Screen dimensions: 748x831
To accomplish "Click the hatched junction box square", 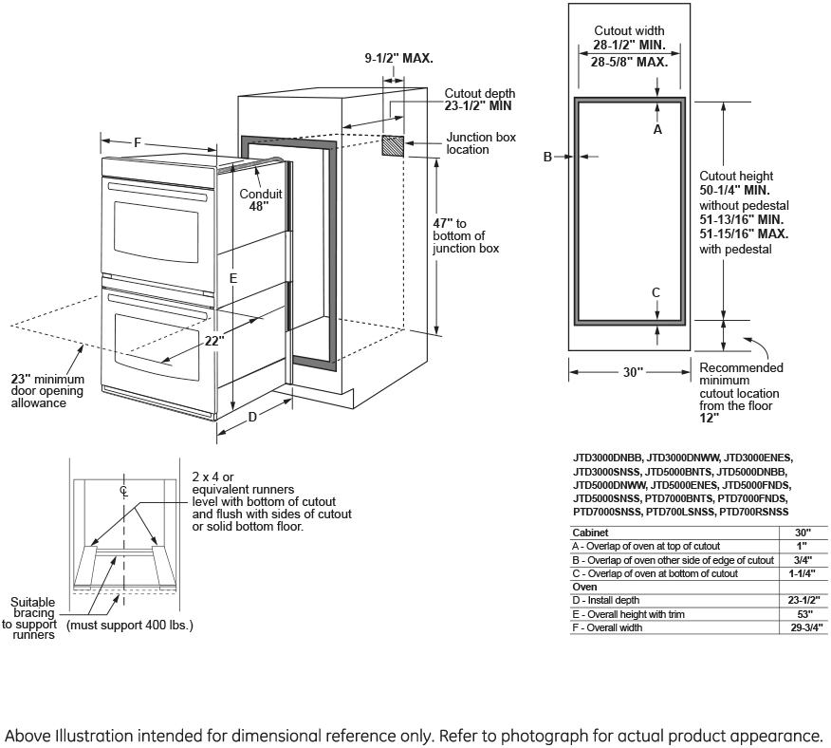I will tap(393, 145).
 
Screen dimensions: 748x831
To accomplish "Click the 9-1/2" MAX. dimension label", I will tap(399, 58).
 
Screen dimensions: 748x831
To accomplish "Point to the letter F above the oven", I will tap(138, 142).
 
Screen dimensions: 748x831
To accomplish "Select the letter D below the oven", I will tap(252, 417).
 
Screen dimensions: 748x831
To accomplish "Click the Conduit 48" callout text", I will tap(260, 199).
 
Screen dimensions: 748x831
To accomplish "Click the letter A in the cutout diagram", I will tap(657, 129).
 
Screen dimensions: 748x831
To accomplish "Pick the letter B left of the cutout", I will tap(547, 157).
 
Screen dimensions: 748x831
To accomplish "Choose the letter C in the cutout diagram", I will tap(656, 292).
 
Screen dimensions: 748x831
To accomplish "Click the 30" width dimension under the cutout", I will tap(633, 372).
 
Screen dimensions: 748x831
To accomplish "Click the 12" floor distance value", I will tap(710, 417).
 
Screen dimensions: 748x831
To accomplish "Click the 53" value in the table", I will tap(803, 614).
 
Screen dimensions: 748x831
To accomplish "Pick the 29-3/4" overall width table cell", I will tap(803, 628).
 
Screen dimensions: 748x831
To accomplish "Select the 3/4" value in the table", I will tap(803, 560).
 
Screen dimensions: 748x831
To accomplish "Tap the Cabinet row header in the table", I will tap(590, 533).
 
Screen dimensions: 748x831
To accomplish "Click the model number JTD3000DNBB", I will tap(608, 458).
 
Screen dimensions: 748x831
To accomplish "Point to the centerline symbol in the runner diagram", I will tap(123, 490).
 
